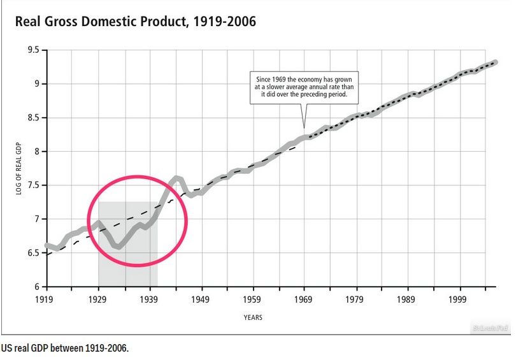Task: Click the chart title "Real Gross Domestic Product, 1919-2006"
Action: (x=135, y=22)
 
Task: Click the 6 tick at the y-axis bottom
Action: (x=35, y=287)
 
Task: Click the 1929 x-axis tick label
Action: (x=97, y=298)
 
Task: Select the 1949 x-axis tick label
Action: (x=201, y=298)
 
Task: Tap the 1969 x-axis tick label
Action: (x=304, y=298)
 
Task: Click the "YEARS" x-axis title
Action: (x=252, y=317)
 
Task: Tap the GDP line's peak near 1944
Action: (x=178, y=178)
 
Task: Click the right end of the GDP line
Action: (x=495, y=62)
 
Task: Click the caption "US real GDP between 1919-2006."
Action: (x=64, y=349)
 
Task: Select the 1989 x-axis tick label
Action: (x=407, y=298)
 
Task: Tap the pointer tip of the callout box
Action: (x=303, y=127)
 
